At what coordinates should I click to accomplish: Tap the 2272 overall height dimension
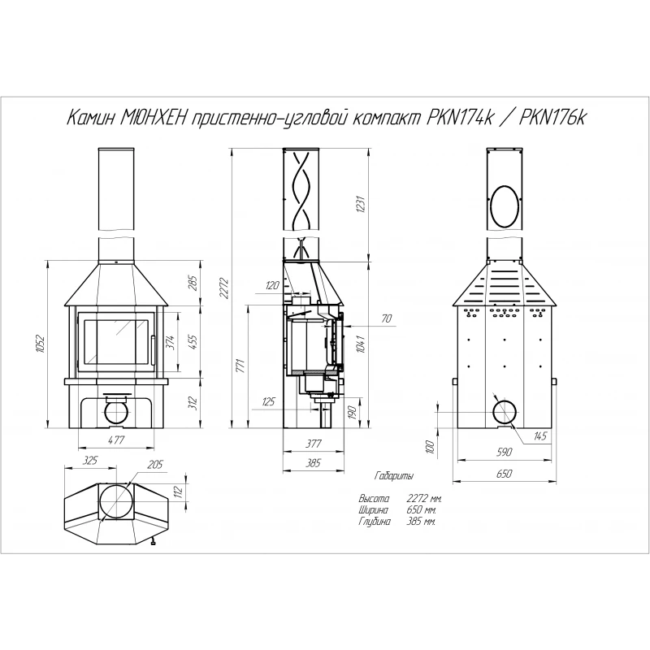[225, 288]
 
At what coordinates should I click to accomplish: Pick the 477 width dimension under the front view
[116, 440]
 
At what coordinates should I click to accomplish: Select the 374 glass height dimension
[171, 342]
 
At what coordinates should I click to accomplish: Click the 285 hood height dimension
[193, 283]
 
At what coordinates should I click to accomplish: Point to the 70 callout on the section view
[387, 318]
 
